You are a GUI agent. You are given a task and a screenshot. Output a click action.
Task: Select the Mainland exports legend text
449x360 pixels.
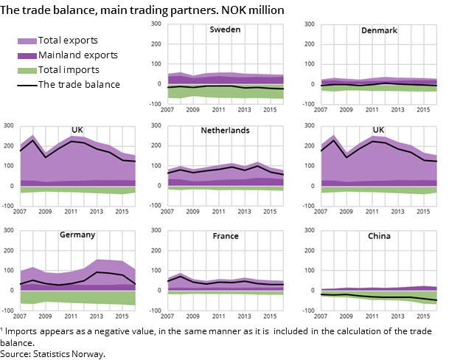point(78,55)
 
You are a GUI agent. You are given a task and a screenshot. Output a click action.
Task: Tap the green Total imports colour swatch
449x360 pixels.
point(27,70)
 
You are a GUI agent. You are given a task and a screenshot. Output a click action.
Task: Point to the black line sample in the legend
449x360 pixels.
point(27,85)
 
